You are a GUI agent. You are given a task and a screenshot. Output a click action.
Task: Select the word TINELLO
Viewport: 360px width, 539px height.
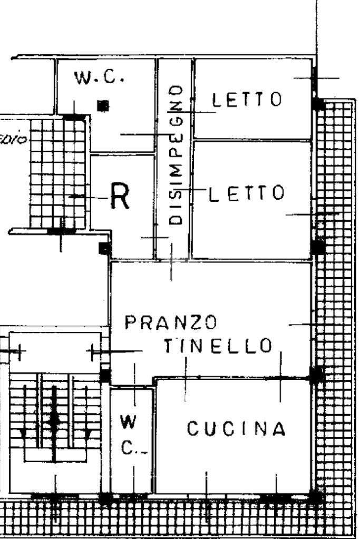(x=218, y=346)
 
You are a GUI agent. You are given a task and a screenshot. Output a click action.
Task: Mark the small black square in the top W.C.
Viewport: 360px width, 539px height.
(x=104, y=105)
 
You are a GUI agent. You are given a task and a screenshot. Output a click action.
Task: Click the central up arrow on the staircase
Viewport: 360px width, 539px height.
(x=54, y=416)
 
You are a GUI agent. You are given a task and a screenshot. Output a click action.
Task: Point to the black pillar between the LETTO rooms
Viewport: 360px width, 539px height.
(x=317, y=246)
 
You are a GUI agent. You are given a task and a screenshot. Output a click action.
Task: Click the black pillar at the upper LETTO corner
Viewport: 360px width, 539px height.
(x=317, y=104)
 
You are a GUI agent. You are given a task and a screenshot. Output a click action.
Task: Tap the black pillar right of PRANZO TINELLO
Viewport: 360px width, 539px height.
(x=316, y=375)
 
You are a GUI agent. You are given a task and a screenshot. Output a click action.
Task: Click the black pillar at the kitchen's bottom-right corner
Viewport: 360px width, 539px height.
(x=315, y=496)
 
